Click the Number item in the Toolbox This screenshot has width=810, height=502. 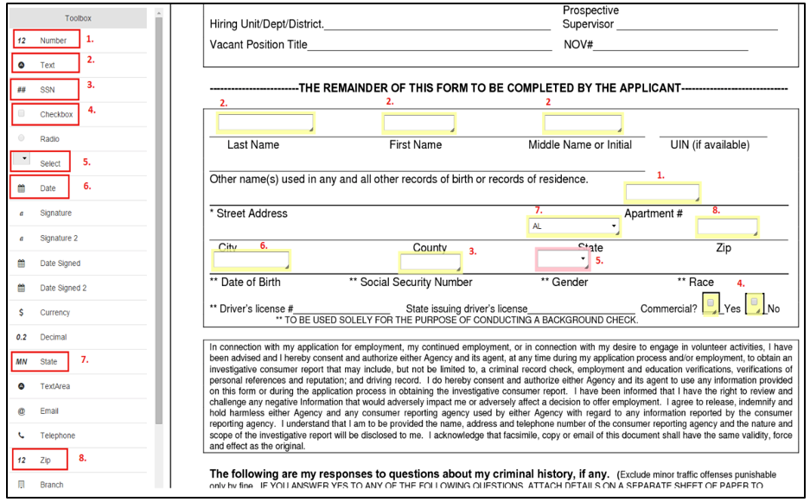pos(53,41)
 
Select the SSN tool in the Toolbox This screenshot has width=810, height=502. pos(47,90)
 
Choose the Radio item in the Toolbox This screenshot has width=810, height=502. pos(49,139)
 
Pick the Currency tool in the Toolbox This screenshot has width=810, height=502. pos(54,313)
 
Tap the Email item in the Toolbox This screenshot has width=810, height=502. pos(48,411)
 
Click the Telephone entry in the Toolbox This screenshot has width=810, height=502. pos(57,436)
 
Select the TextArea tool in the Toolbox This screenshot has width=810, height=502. pos(54,386)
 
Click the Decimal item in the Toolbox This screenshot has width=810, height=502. pos(53,337)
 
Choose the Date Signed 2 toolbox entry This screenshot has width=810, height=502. pos(63,288)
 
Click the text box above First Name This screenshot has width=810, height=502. pos(418,124)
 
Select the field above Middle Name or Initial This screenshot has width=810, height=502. pos(582,124)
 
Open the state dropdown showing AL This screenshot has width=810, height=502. pos(574,226)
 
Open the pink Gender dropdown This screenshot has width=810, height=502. pos(563,258)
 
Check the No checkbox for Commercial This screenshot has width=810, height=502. pos(755,303)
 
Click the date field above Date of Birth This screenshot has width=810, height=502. pos(252,259)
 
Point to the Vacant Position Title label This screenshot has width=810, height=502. pos(258,45)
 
